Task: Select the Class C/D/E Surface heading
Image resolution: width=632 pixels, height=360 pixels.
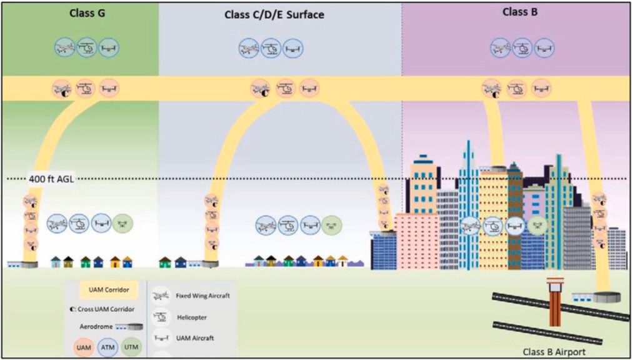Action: click(274, 14)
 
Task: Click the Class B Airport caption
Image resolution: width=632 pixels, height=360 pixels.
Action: click(554, 352)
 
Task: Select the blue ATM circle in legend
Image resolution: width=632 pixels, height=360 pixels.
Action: click(108, 346)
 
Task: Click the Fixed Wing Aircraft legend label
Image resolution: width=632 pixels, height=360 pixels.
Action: click(200, 296)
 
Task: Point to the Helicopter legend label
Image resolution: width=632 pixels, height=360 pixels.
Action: click(191, 317)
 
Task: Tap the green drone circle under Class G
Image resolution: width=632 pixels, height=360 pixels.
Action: click(122, 223)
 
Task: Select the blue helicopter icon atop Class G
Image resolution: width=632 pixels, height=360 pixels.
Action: click(87, 47)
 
